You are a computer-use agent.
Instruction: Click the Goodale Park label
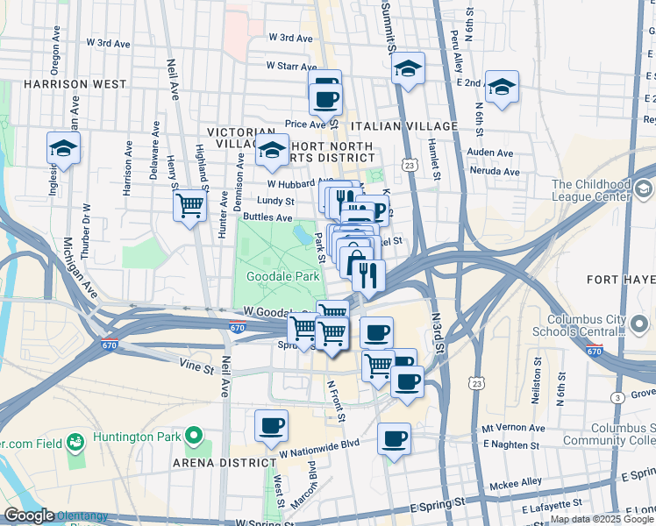[x=282, y=276]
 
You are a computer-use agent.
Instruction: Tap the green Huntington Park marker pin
[x=192, y=436]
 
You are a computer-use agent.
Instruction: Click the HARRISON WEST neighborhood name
[x=75, y=85]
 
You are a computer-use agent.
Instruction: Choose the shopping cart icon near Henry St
[x=190, y=207]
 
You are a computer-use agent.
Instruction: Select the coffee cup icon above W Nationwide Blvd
[x=271, y=425]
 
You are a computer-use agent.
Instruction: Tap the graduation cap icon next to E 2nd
[x=502, y=88]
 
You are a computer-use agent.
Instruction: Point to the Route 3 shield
[x=618, y=398]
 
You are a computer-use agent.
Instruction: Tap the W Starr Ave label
[x=291, y=66]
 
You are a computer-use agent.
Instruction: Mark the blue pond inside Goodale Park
[x=303, y=234]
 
